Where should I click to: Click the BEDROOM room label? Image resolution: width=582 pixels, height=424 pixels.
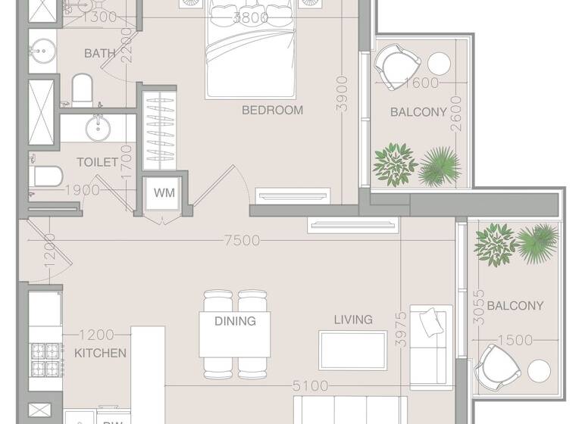pyautogui.click(x=272, y=110)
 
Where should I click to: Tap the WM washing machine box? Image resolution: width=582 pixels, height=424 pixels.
pyautogui.click(x=164, y=193)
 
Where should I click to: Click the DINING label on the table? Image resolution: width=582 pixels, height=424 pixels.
pyautogui.click(x=235, y=321)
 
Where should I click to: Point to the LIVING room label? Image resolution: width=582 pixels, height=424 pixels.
pyautogui.click(x=353, y=320)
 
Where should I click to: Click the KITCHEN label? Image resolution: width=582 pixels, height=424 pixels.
pyautogui.click(x=100, y=353)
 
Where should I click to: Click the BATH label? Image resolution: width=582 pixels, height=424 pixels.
pyautogui.click(x=99, y=53)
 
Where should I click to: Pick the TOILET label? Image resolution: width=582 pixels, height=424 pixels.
pyautogui.click(x=97, y=162)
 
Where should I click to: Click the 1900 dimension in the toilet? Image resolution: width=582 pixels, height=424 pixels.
pyautogui.click(x=83, y=190)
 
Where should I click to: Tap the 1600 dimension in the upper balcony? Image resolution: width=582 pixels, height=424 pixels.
pyautogui.click(x=422, y=83)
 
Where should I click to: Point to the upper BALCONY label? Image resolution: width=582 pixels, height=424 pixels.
pyautogui.click(x=418, y=112)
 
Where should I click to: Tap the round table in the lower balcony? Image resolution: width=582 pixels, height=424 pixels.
pyautogui.click(x=540, y=371)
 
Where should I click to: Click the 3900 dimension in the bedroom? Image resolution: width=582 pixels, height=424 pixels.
pyautogui.click(x=343, y=94)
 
